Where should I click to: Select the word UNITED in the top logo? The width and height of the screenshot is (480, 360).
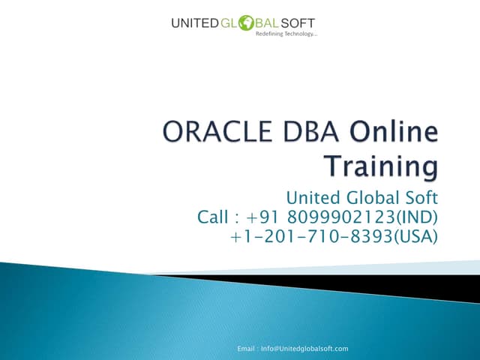point(194,24)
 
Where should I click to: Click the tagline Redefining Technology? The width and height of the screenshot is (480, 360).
point(286,35)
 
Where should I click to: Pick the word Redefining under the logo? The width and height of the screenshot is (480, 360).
point(270,35)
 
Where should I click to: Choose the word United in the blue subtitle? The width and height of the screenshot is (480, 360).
point(313,198)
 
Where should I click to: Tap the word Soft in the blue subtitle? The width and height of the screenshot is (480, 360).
point(421,198)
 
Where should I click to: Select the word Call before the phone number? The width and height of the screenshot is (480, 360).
point(213,217)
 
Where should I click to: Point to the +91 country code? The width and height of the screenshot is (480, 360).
point(262,217)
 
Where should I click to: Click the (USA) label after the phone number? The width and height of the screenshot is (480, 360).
point(415,236)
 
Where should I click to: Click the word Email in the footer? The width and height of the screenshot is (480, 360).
point(247,349)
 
